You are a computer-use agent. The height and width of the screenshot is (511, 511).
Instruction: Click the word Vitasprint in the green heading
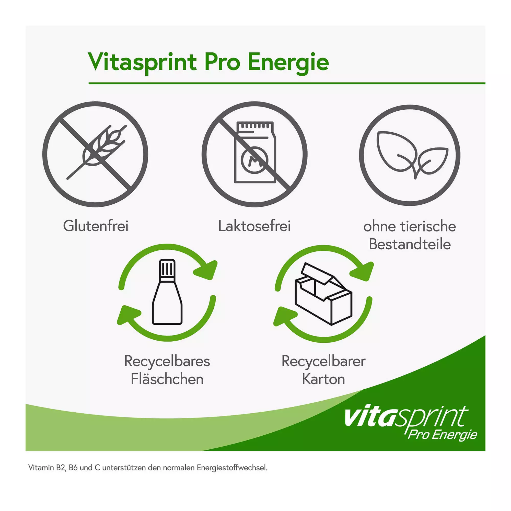143,62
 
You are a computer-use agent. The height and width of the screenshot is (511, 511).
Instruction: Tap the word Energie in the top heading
288,62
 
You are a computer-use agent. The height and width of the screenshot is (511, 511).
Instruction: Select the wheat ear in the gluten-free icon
97,152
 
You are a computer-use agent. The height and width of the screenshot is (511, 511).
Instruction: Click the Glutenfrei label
96,226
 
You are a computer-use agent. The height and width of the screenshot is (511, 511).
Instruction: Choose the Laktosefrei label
254,226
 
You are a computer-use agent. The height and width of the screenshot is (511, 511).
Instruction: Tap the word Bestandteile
410,244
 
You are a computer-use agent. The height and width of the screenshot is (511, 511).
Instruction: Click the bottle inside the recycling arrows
167,292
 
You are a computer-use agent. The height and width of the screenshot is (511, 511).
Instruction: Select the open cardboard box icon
323,294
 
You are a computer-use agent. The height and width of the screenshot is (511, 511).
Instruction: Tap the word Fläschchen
167,379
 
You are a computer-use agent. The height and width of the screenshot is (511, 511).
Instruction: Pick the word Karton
323,379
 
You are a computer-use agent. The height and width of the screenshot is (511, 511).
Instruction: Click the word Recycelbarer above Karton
323,361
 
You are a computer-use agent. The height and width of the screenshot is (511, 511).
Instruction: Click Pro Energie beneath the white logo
442,435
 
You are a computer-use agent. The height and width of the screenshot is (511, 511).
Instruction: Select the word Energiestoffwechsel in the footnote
232,468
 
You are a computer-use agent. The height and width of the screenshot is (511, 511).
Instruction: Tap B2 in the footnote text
61,468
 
